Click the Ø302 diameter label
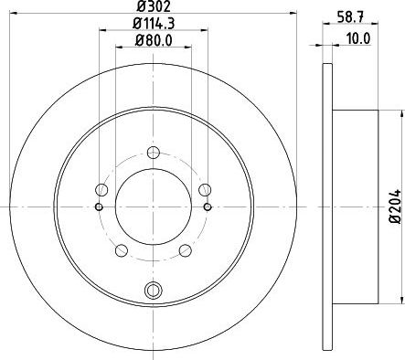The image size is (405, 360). coord(153,6)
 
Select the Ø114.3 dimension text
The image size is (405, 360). coord(154,24)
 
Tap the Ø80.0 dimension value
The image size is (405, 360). coord(154,40)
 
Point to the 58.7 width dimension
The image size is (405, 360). coord(350,16)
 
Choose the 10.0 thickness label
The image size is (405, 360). coord(357,38)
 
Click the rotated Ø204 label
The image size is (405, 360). coord(397,206)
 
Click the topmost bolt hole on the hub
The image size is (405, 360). coord(153,153)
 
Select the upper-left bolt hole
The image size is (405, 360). coord(101,190)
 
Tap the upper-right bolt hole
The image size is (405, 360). coord(205,190)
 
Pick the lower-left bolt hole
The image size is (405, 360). coord(122,250)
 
